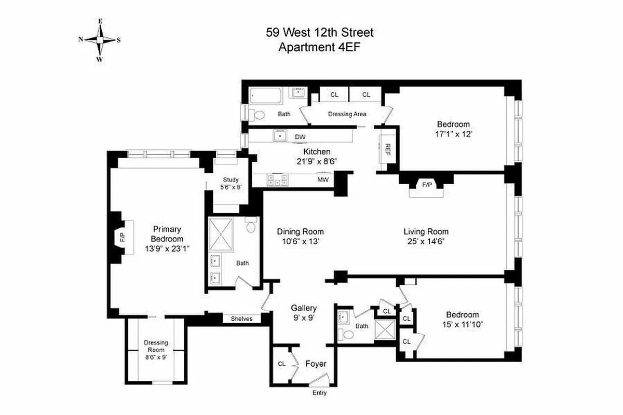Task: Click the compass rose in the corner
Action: (x=100, y=40)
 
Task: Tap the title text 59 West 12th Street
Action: (x=320, y=33)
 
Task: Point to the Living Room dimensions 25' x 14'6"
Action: (x=426, y=241)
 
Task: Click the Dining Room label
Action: (x=300, y=232)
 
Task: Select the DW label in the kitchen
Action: (x=300, y=136)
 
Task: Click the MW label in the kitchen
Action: (x=323, y=180)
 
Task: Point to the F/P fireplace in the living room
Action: (x=427, y=185)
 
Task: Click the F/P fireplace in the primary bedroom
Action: (x=123, y=238)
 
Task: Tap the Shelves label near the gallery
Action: (x=241, y=319)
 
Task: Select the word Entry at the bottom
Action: (x=319, y=393)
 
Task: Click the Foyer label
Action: (x=316, y=364)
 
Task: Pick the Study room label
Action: (x=232, y=180)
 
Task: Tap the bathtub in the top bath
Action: (x=265, y=96)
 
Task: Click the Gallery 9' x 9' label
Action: (x=304, y=313)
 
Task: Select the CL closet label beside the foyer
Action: (x=281, y=364)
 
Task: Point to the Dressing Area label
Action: (x=347, y=114)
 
